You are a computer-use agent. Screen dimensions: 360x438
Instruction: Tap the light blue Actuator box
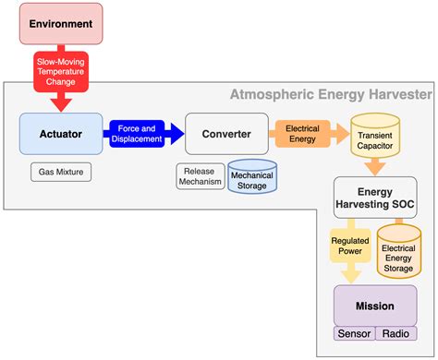click(x=62, y=134)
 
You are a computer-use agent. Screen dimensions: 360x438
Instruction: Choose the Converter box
click(x=226, y=134)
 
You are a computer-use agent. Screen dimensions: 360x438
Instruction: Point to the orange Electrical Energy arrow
click(x=301, y=134)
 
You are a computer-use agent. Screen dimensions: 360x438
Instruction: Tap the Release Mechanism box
click(x=201, y=175)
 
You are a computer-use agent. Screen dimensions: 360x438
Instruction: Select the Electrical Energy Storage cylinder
click(x=399, y=252)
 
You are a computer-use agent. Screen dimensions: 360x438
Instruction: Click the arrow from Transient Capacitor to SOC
click(x=375, y=166)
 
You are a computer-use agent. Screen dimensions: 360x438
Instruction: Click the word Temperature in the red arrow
click(x=59, y=72)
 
